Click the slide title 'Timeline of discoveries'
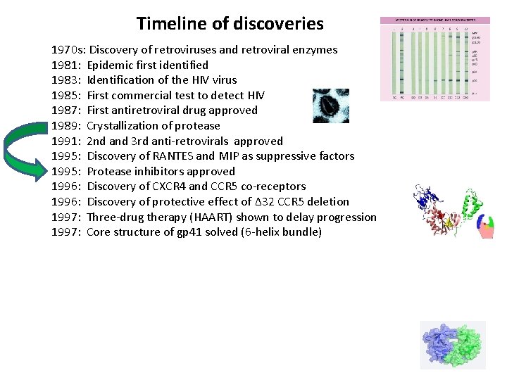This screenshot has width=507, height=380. (230, 23)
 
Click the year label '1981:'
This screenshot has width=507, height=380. (67, 65)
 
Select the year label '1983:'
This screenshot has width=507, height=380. (67, 80)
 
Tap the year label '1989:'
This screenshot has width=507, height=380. (67, 126)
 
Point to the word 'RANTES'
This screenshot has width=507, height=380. (170, 156)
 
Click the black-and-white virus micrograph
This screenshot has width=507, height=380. (330, 106)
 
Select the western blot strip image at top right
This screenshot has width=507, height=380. (434, 59)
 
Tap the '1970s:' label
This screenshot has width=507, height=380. (68, 50)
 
